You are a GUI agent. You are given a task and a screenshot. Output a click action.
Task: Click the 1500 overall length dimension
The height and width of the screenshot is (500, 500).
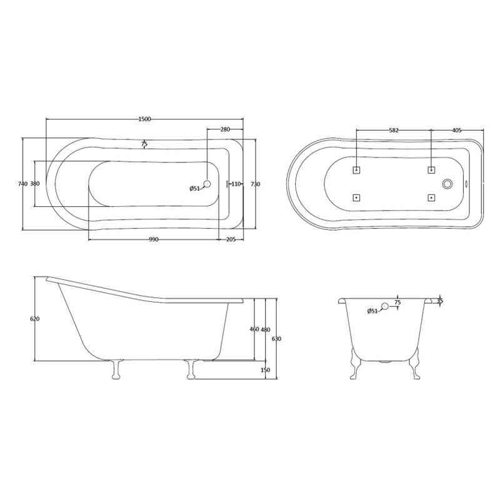pos(144,119)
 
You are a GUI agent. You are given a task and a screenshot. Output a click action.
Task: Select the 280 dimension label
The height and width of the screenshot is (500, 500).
pos(225,129)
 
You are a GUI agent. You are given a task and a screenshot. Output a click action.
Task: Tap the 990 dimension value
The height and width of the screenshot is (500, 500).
pos(153,240)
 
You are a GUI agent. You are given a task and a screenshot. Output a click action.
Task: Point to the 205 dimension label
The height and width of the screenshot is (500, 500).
pos(231,240)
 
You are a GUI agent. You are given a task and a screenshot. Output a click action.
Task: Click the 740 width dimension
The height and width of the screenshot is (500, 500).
pos(23,184)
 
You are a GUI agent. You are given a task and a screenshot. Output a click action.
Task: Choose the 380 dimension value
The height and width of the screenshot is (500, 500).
pos(35,184)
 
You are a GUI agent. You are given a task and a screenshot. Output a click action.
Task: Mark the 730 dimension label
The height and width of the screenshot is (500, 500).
pos(256,184)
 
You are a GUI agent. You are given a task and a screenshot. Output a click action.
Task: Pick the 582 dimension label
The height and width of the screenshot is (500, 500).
pos(394,131)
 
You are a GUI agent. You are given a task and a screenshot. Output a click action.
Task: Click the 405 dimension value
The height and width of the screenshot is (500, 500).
pos(457,131)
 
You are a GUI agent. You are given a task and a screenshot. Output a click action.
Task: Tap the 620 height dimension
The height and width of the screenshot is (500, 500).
pos(34,319)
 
